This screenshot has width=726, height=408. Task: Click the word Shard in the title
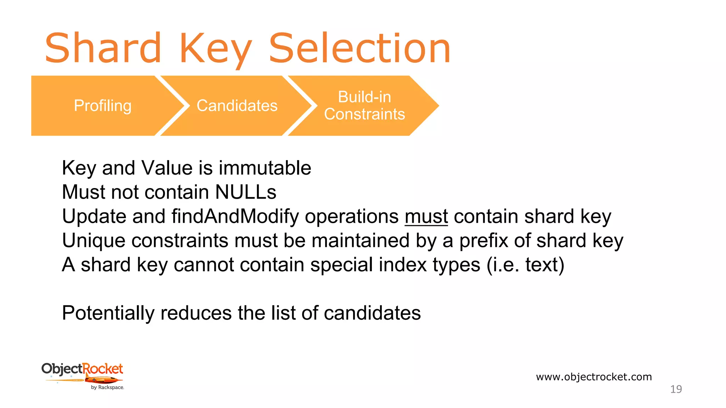tap(103, 48)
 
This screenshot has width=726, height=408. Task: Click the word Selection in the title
tap(359, 48)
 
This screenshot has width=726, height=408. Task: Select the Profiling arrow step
tap(102, 106)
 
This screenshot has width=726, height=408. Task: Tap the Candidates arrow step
tap(237, 106)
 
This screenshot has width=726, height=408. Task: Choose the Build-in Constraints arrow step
tap(364, 106)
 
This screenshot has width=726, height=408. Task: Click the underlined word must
tap(426, 216)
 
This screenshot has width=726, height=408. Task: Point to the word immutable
tap(265, 168)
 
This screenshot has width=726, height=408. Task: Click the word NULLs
tap(246, 192)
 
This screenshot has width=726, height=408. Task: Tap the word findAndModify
tap(235, 216)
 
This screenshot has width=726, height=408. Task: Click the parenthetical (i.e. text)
tap(525, 265)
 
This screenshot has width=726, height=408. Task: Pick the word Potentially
tap(108, 313)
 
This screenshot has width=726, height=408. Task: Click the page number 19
tap(676, 389)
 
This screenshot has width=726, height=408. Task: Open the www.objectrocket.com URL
tap(594, 377)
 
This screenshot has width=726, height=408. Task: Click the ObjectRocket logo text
tap(82, 369)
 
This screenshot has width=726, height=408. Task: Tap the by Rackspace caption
tap(107, 387)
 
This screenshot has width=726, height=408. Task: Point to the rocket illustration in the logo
tap(103, 380)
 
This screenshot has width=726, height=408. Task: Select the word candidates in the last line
tap(372, 313)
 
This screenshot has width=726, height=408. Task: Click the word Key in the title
tap(216, 48)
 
